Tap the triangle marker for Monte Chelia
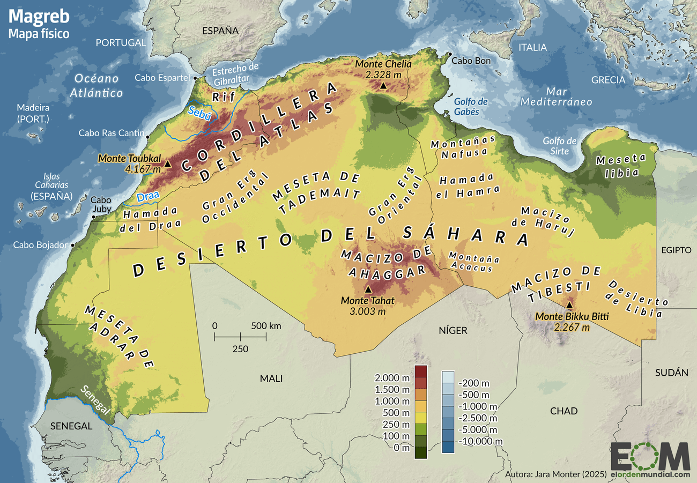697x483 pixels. point(383,85)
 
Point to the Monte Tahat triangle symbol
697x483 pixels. point(368,289)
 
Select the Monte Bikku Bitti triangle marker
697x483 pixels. point(569,305)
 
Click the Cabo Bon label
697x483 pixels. point(471,61)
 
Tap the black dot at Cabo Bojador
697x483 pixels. point(73,244)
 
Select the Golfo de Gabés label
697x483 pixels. point(470,107)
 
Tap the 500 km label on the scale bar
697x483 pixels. point(266,325)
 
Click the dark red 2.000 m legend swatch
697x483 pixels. point(421,371)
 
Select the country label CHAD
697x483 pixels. point(563,411)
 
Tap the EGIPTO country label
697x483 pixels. point(676,250)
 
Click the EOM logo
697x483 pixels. point(650,457)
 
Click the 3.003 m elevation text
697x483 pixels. point(368,311)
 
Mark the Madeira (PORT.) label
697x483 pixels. point(33,113)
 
